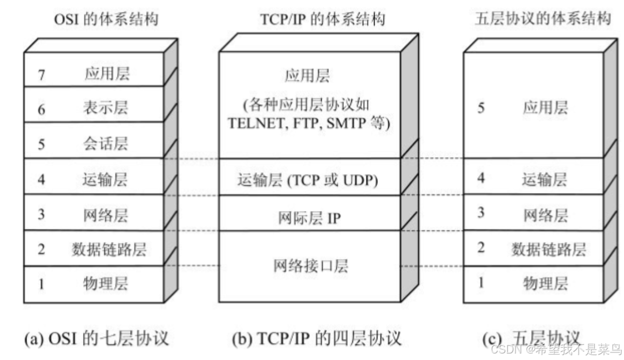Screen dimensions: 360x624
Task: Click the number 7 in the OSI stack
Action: [42, 74]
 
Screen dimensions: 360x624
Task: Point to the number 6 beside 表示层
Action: [42, 109]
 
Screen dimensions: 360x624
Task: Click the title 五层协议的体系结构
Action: [542, 19]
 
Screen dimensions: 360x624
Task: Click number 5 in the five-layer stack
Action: [481, 108]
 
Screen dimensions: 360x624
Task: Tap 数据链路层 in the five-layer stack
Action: [548, 249]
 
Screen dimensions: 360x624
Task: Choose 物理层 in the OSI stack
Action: [106, 283]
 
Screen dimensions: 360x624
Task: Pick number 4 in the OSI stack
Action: [42, 180]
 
